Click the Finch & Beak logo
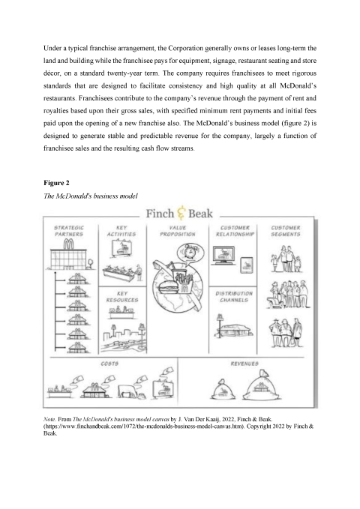click(x=180, y=214)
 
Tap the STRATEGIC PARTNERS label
click(x=68, y=229)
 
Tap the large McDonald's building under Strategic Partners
click(x=70, y=257)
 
